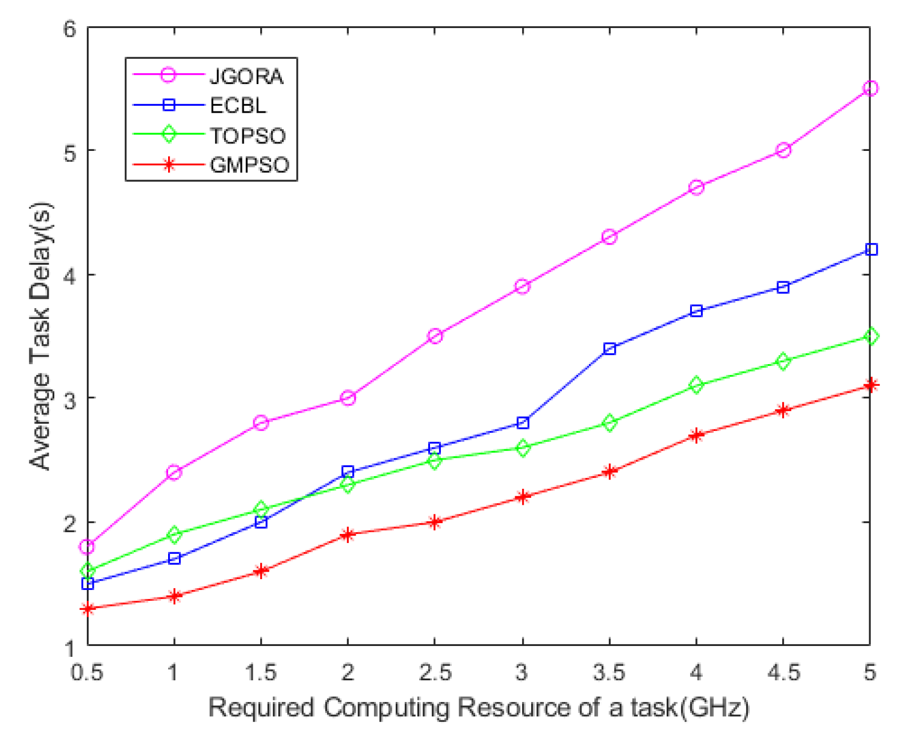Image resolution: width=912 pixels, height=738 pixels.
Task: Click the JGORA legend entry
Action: click(246, 76)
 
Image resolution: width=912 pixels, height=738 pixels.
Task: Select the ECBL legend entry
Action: click(238, 106)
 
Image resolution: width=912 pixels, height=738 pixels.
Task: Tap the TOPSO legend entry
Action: click(247, 135)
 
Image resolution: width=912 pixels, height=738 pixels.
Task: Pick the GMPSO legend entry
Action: click(249, 165)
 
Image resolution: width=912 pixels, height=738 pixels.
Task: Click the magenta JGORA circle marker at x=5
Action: click(870, 88)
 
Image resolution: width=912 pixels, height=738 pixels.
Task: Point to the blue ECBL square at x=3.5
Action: click(610, 349)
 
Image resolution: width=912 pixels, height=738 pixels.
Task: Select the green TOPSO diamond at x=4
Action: click(696, 385)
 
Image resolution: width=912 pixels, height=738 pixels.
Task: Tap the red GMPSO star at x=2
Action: click(348, 534)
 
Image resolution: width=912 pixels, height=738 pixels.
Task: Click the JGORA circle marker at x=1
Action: click(174, 472)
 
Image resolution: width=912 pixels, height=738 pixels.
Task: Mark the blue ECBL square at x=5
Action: click(871, 249)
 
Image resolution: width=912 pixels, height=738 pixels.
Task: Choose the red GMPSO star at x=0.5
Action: click(87, 609)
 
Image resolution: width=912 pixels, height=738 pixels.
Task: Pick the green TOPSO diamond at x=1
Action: click(174, 534)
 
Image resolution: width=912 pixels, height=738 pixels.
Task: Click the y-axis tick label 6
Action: click(70, 29)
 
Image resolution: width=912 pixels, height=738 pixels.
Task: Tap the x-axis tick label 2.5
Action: click(435, 672)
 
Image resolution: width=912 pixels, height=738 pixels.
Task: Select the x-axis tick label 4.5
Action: click(783, 672)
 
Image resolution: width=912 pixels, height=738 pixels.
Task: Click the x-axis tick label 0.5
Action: click(87, 672)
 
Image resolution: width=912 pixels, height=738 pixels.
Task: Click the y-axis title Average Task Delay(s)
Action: click(41, 336)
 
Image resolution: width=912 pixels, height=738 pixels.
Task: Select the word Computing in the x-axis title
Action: click(387, 708)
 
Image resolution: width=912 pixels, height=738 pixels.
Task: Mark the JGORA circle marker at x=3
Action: click(522, 286)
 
